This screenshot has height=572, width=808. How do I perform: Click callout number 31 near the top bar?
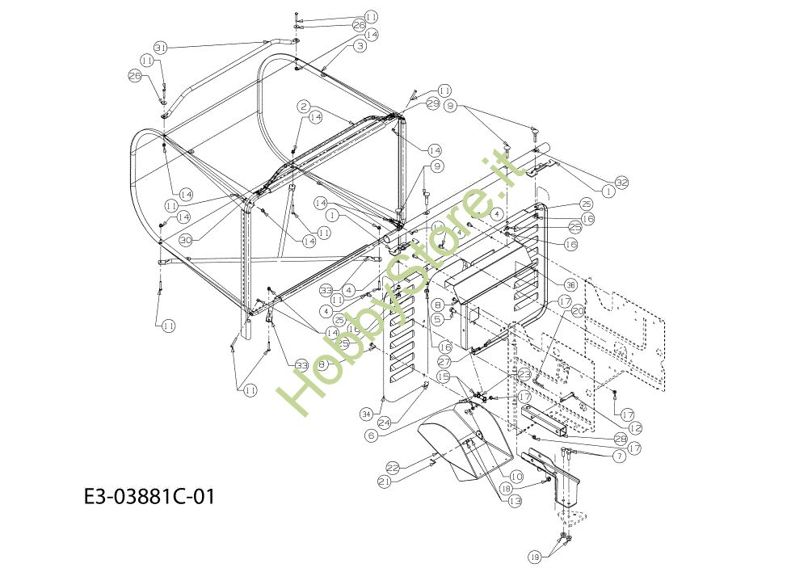[x=160, y=48]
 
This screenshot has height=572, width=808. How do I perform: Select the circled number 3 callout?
[x=360, y=47]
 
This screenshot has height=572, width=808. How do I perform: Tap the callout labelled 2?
[x=304, y=107]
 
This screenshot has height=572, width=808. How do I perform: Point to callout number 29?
[x=432, y=103]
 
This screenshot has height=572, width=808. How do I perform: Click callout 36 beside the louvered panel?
[x=570, y=284]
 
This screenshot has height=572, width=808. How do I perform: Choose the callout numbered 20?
[x=578, y=311]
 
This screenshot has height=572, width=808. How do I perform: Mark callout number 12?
[x=636, y=427]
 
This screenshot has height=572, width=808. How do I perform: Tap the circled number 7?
[x=619, y=456]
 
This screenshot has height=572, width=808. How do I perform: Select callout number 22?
[x=393, y=468]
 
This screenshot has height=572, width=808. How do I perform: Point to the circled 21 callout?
[x=385, y=482]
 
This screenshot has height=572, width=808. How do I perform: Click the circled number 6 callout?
[x=371, y=435]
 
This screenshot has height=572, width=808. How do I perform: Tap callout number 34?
[x=365, y=414]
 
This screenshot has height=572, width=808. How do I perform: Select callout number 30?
[x=185, y=240]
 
